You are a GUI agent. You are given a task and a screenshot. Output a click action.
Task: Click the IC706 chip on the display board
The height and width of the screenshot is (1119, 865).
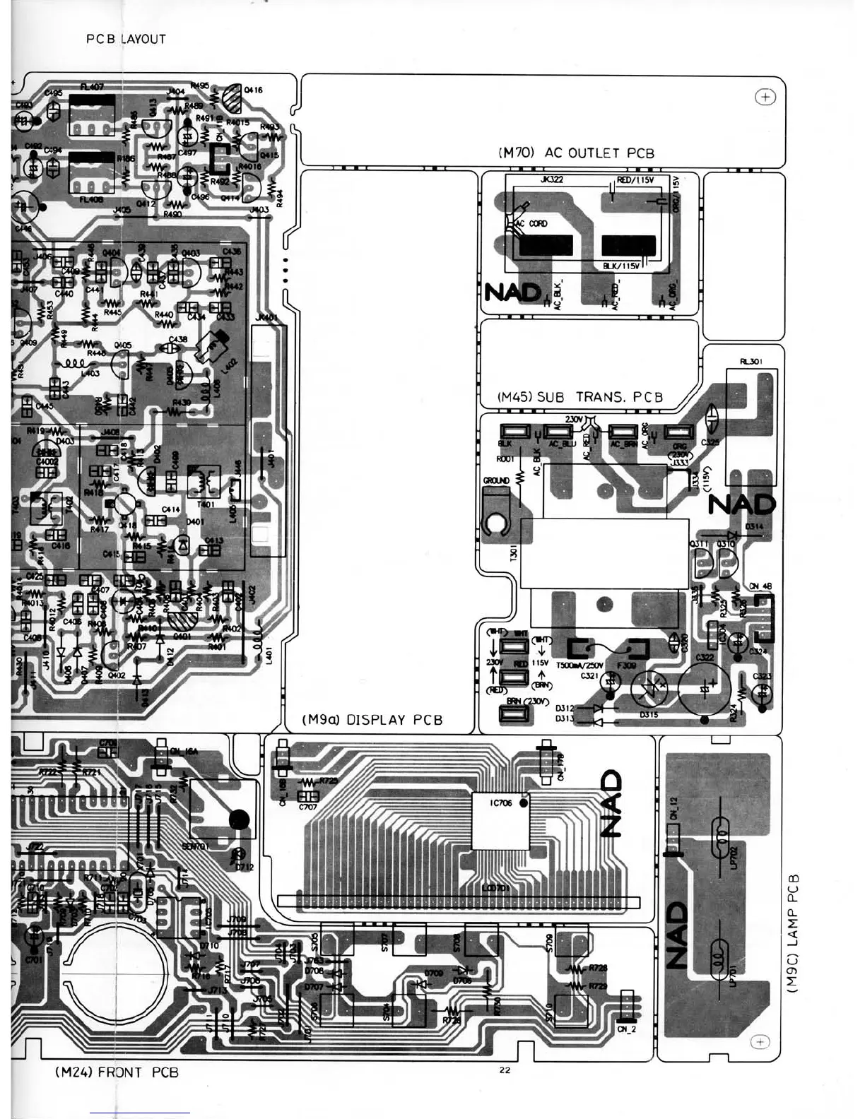point(501,820)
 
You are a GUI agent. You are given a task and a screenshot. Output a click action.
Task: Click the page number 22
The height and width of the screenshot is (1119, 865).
point(505,1070)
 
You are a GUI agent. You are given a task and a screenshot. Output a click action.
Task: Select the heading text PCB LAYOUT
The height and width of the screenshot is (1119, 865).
point(126,40)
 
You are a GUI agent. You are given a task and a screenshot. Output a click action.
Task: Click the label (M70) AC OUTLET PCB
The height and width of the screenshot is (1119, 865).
point(576,153)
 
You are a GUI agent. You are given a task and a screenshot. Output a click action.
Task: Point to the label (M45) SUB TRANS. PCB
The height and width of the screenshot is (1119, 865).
point(580,397)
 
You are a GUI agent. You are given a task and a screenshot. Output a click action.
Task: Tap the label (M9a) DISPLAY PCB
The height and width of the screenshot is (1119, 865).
point(372,720)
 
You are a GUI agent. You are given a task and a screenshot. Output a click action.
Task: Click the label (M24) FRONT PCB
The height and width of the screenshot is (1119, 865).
point(117,1072)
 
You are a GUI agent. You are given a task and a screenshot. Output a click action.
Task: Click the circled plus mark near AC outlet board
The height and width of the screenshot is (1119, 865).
point(766,97)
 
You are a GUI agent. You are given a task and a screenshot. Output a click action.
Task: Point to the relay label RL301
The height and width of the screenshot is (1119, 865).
point(750,361)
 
